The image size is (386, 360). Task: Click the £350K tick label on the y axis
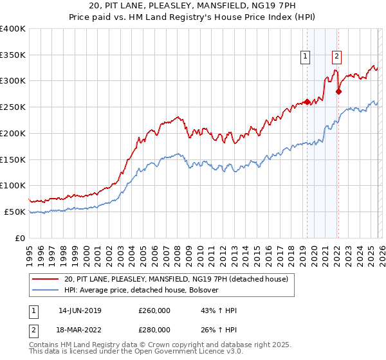(13, 55)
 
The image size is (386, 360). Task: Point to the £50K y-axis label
(15, 212)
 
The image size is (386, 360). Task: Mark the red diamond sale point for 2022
(338, 91)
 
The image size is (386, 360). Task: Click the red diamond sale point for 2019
(307, 102)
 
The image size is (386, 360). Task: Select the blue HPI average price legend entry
(142, 290)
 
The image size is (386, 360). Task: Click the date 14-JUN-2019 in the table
(80, 310)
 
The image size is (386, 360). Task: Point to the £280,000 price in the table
(154, 330)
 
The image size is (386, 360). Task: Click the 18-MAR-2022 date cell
(80, 330)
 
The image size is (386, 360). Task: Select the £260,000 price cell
(154, 310)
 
